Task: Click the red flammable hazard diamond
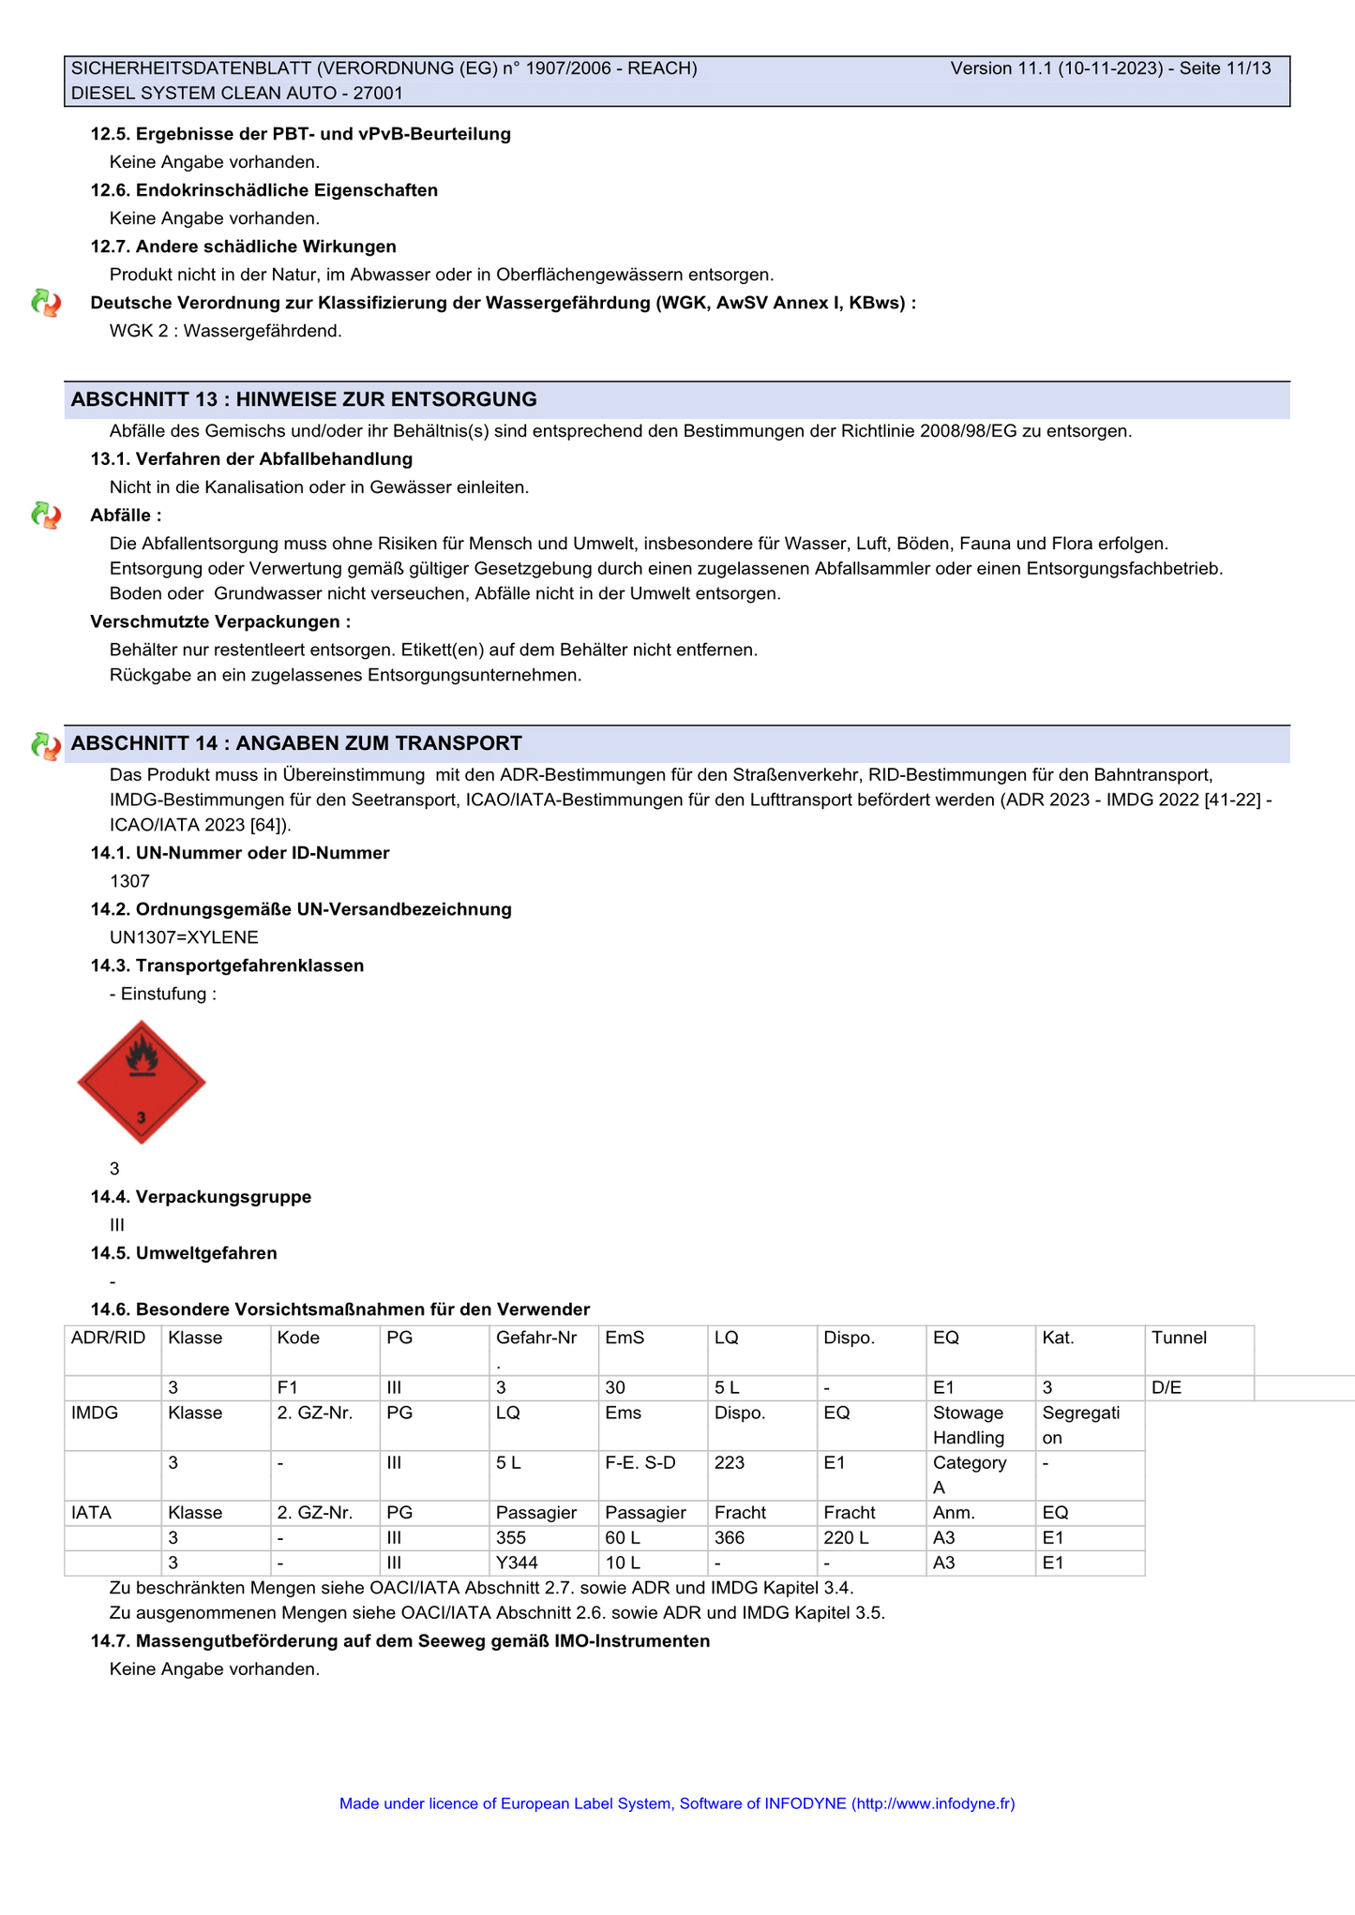pyautogui.click(x=142, y=1082)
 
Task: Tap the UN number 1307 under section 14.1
pyautogui.click(x=129, y=881)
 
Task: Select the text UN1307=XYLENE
pyautogui.click(x=184, y=937)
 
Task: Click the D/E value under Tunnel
pyautogui.click(x=1167, y=1388)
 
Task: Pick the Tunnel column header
pyautogui.click(x=1179, y=1338)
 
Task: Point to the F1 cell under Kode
pyautogui.click(x=288, y=1388)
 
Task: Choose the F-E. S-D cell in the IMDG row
pyautogui.click(x=640, y=1463)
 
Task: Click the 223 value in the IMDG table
pyautogui.click(x=730, y=1463)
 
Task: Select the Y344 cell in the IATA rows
pyautogui.click(x=517, y=1563)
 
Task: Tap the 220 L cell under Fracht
pyautogui.click(x=846, y=1538)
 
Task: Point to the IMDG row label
pyautogui.click(x=95, y=1413)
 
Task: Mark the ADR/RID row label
pyautogui.click(x=109, y=1338)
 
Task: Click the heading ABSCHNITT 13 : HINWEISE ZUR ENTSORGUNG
pyautogui.click(x=304, y=399)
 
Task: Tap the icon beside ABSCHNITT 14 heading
pyautogui.click(x=46, y=745)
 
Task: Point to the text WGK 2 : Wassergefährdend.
pyautogui.click(x=225, y=331)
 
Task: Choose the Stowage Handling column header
pyautogui.click(x=968, y=1425)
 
